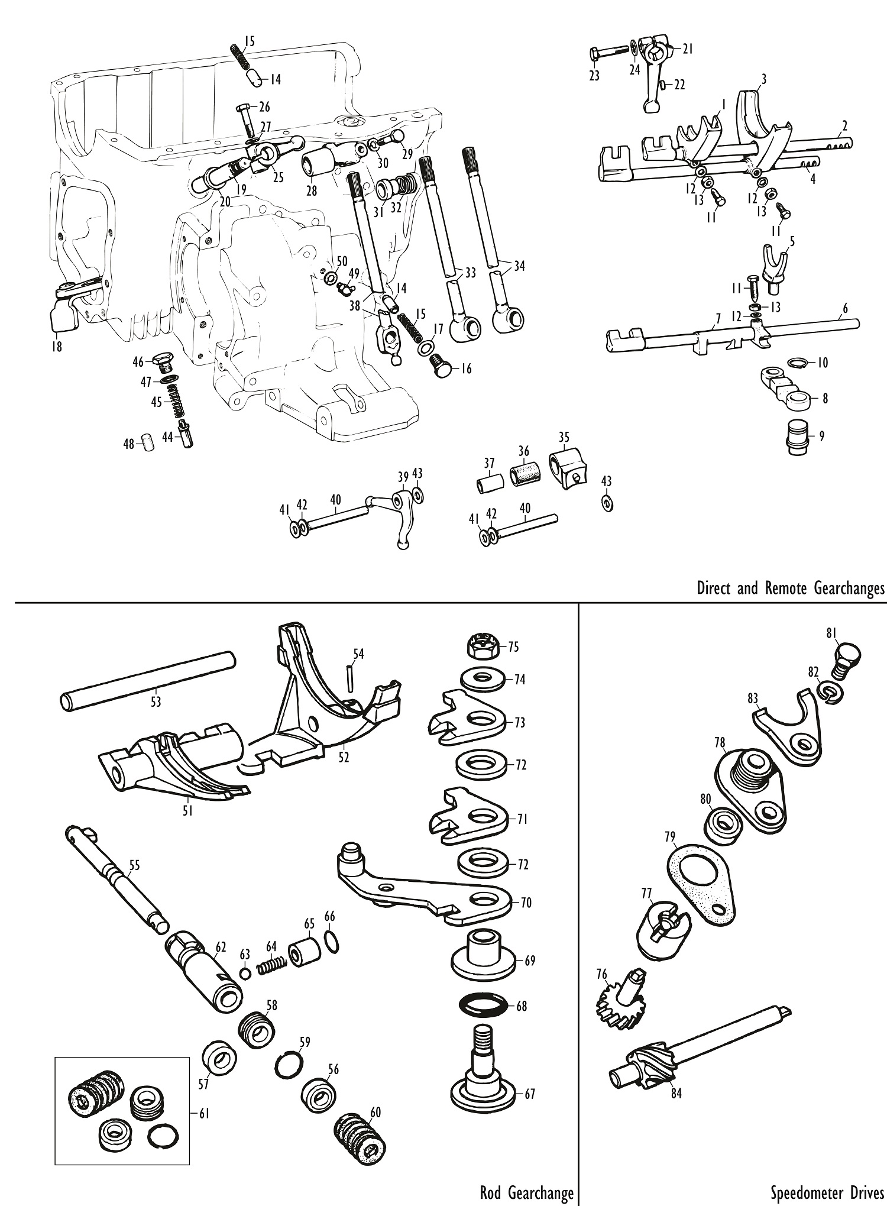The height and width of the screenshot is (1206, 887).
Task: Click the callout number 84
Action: tap(676, 1094)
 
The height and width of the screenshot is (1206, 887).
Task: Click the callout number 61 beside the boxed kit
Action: tap(203, 1113)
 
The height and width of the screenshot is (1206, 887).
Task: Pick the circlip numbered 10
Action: tap(798, 361)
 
